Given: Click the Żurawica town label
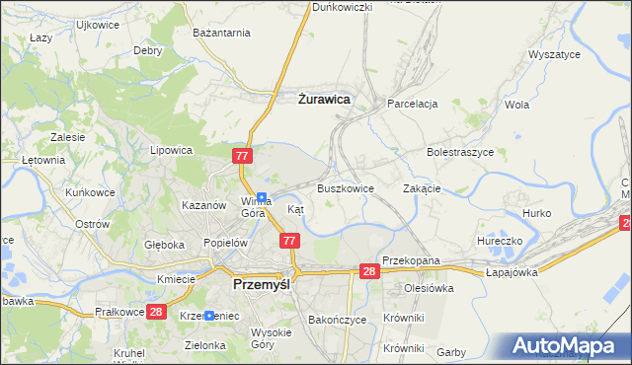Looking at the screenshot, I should [324, 99].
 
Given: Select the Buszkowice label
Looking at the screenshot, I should [345, 187].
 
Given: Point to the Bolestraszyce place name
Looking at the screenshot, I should [459, 153].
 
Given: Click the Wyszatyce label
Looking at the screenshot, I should [554, 55].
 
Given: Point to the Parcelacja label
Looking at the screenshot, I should [412, 103].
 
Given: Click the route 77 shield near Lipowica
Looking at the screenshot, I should [244, 156].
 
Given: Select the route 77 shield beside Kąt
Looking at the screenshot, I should [289, 240].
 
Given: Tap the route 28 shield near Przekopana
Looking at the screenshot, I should [369, 271].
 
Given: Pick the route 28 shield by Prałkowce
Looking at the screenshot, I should [156, 312].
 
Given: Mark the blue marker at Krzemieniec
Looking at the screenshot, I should [209, 315].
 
